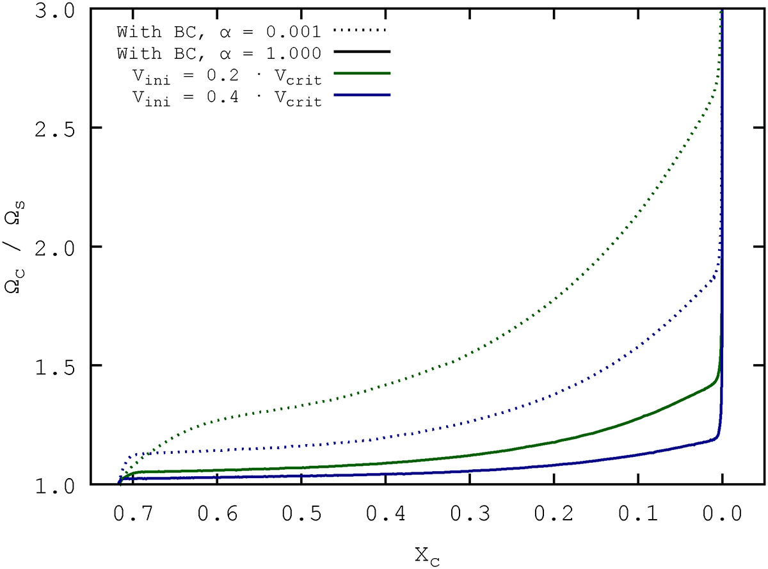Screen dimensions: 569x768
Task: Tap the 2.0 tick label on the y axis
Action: click(62, 247)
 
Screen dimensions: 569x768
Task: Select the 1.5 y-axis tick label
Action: click(62, 365)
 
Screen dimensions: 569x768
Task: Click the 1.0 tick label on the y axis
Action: click(62, 484)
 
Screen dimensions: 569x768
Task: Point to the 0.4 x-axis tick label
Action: click(385, 513)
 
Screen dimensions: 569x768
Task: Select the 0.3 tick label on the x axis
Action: click(470, 513)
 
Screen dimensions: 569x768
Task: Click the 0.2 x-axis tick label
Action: click(554, 513)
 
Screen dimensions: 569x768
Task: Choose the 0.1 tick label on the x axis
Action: click(638, 513)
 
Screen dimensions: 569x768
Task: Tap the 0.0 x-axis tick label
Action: click(723, 513)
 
